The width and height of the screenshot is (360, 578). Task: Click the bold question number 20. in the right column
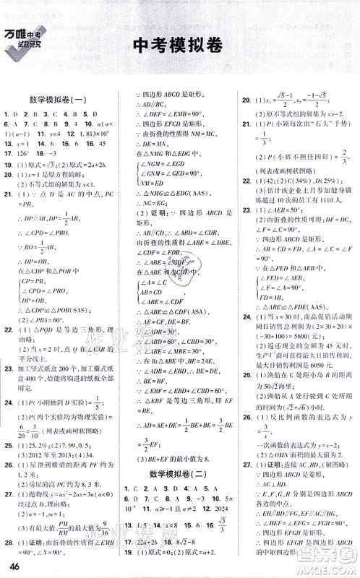click(x=247, y=100)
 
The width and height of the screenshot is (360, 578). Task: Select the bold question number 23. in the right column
click(x=247, y=229)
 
